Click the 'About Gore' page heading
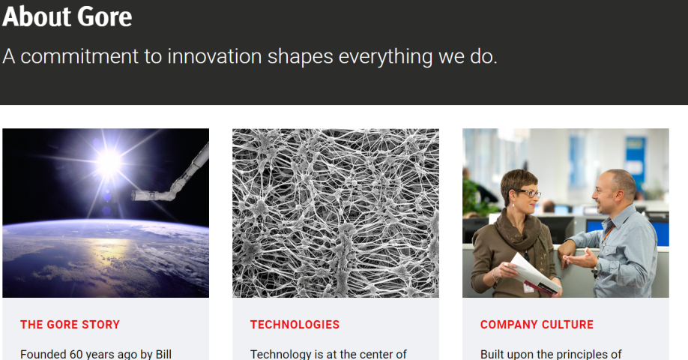pyautogui.click(x=67, y=16)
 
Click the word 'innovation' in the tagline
pyautogui.click(x=214, y=56)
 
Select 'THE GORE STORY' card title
pyautogui.click(x=70, y=325)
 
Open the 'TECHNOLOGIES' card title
pyautogui.click(x=295, y=325)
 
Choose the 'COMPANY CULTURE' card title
pyautogui.click(x=537, y=325)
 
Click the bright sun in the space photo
pyautogui.click(x=109, y=163)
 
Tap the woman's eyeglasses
pyautogui.click(x=528, y=192)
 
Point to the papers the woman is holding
pyautogui.click(x=534, y=274)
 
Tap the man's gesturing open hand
pyautogui.click(x=580, y=259)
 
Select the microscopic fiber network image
pyautogui.click(x=336, y=213)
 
